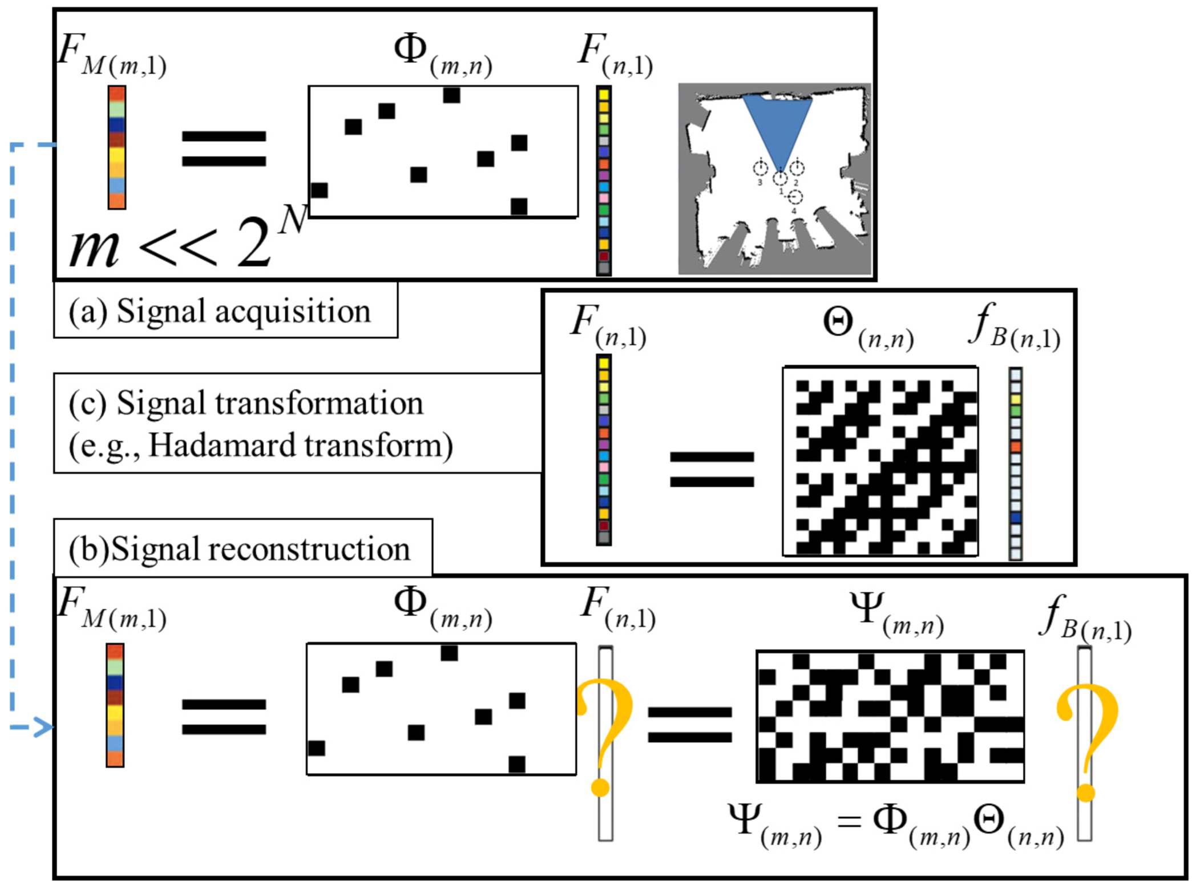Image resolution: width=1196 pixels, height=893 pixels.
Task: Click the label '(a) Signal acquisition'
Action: [220, 312]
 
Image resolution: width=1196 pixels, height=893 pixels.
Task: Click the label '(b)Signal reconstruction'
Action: [240, 549]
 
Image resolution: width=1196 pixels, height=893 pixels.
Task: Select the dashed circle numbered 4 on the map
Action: [795, 197]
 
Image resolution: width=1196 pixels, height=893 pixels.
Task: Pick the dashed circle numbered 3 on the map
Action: [760, 168]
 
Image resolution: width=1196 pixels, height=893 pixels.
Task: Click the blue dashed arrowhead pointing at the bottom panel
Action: [43, 727]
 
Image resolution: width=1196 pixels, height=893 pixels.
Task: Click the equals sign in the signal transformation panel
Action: [712, 469]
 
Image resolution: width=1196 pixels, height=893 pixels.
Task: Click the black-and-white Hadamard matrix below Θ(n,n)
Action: [880, 461]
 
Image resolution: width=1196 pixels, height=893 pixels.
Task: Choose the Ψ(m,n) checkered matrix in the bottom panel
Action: [890, 717]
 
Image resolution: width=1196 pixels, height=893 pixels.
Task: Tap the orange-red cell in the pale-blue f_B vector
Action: [1015, 446]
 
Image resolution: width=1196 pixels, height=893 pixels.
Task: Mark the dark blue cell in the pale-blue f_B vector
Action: [1015, 518]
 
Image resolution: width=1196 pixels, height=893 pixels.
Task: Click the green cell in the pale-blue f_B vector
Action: [1015, 410]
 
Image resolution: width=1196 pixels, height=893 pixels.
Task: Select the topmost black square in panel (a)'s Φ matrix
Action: [451, 95]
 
